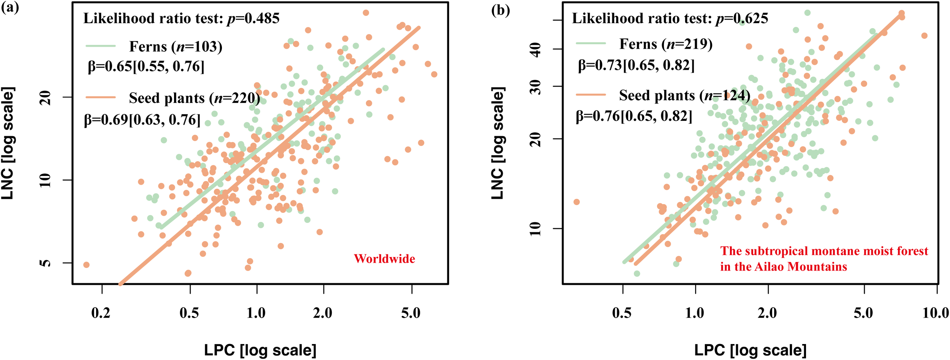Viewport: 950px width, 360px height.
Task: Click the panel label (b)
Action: pyautogui.click(x=500, y=11)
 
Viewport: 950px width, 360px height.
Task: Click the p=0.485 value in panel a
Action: pyautogui.click(x=253, y=19)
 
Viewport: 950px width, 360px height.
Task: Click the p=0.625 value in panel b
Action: pyautogui.click(x=742, y=19)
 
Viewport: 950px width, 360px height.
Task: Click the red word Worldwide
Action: pyautogui.click(x=384, y=259)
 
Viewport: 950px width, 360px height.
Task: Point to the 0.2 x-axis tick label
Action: pyautogui.click(x=101, y=313)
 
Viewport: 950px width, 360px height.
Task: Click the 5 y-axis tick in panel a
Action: pyautogui.click(x=46, y=263)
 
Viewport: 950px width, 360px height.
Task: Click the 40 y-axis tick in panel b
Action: pyautogui.click(x=536, y=49)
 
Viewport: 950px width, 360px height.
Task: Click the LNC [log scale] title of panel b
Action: pyautogui.click(x=497, y=143)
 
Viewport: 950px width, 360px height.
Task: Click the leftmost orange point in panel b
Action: pyautogui.click(x=576, y=202)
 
